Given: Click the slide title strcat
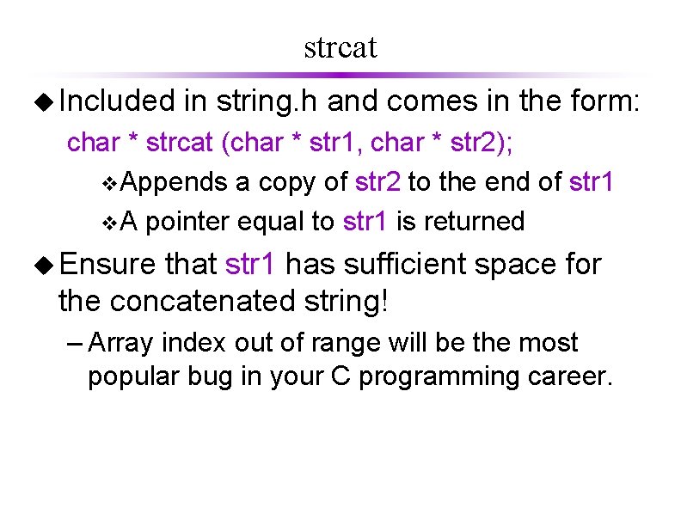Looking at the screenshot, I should tap(340, 47).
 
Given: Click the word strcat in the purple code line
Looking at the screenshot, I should tap(179, 142).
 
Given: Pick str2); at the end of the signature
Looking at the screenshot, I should tap(476, 142).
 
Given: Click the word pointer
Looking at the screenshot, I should tap(187, 222).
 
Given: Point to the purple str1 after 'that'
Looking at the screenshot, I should tap(251, 263).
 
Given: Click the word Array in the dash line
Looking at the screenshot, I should tap(119, 342).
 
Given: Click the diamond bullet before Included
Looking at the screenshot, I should tap(42, 103).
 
